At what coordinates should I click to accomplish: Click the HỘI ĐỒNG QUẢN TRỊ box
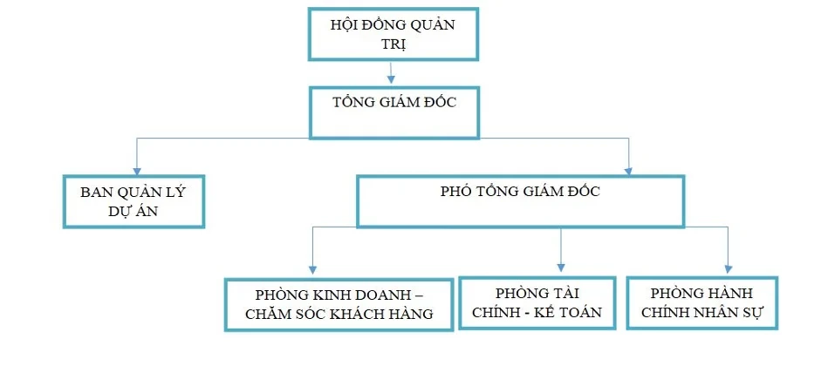click(392, 34)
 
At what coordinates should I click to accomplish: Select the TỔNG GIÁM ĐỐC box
click(394, 112)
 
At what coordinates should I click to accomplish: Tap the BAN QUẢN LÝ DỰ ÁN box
click(134, 201)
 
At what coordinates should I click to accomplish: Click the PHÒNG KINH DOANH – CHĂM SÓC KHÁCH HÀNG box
click(339, 304)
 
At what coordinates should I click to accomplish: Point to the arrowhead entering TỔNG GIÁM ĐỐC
click(392, 81)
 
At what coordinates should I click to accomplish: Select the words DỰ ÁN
click(133, 212)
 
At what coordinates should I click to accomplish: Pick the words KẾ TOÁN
click(571, 312)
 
